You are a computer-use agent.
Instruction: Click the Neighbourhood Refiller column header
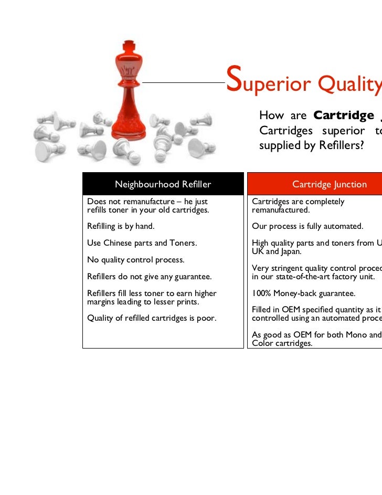click(163, 184)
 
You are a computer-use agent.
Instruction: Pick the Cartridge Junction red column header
click(329, 184)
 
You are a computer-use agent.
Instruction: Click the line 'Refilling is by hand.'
click(121, 227)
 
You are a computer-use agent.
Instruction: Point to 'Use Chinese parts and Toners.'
click(142, 243)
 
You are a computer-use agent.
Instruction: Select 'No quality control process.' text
click(136, 260)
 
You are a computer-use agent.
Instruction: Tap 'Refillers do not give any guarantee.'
click(149, 277)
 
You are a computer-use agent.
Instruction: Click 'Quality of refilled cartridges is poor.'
click(152, 318)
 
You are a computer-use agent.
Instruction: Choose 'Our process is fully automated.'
click(307, 227)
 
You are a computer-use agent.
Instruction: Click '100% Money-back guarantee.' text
click(303, 293)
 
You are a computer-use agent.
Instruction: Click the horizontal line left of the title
click(184, 82)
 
